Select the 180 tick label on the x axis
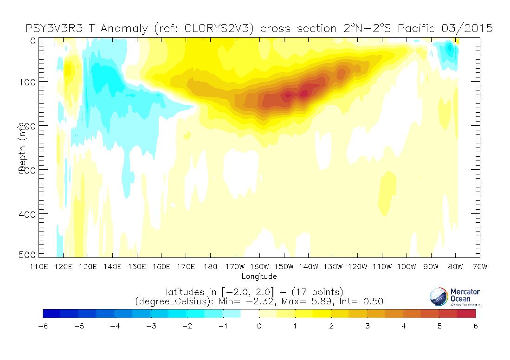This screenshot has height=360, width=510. pos(211,267)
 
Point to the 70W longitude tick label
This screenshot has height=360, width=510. pos(480,267)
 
